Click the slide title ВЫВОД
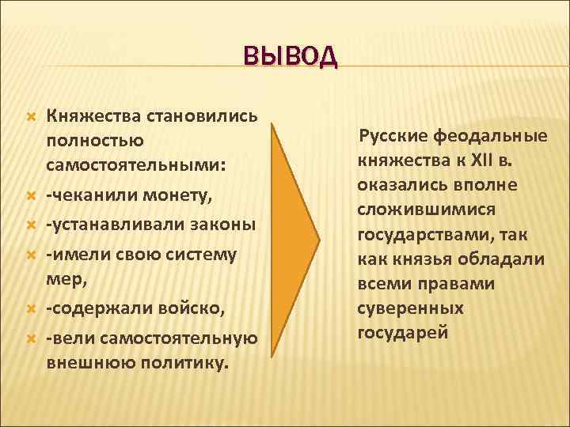pos(290,56)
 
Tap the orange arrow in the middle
pos(294,238)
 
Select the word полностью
pos(94,141)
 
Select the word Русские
pos(395,136)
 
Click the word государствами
pos(420,236)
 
